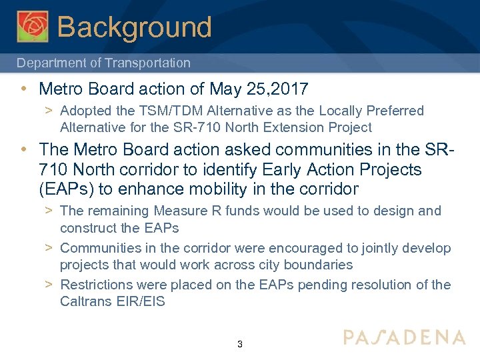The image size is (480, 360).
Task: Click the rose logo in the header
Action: (33, 27)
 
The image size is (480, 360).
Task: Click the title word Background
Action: (135, 27)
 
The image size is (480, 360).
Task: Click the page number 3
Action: (240, 345)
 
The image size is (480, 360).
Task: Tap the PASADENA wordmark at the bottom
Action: (404, 337)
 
